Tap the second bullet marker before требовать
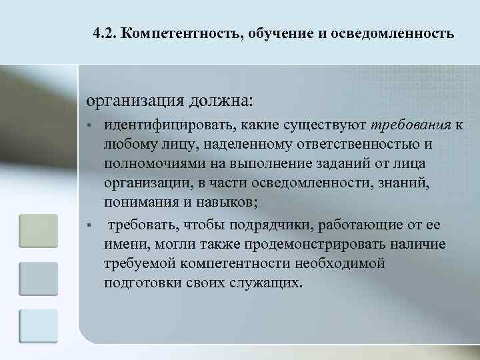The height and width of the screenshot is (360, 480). pos(89,224)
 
